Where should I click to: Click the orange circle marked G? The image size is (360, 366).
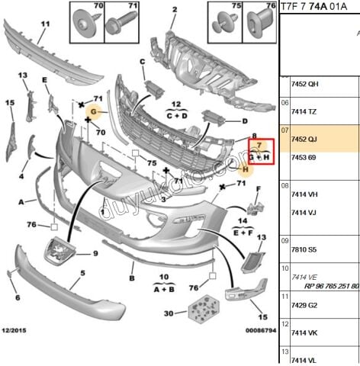[95, 113]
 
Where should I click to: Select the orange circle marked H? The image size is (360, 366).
[243, 169]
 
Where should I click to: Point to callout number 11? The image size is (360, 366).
[44, 25]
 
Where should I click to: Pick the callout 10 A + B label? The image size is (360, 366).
[164, 284]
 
